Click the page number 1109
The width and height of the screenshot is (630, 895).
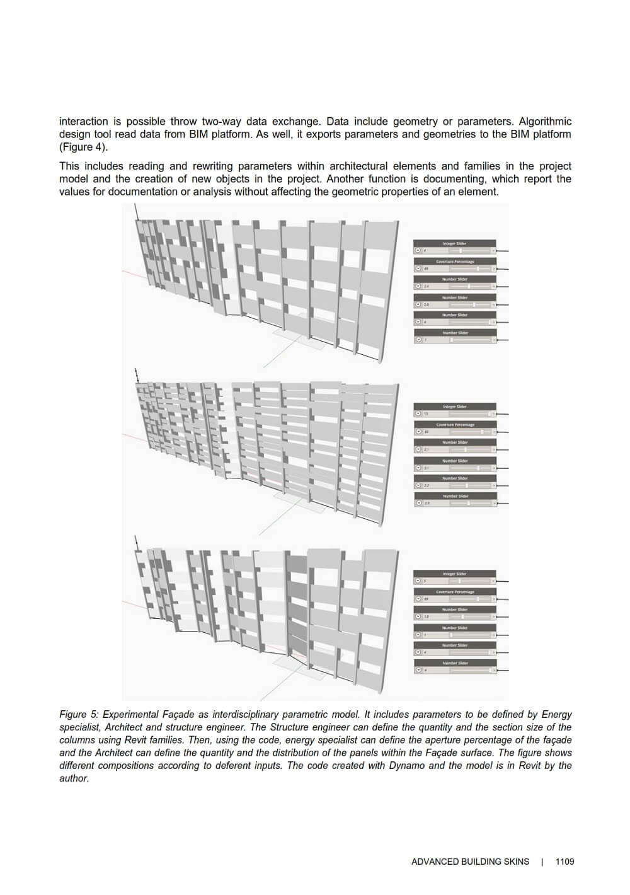click(564, 862)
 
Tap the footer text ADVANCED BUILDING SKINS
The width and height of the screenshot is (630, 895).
click(470, 862)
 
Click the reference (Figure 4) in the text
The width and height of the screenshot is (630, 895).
click(83, 147)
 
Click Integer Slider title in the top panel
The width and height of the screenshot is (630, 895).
click(454, 243)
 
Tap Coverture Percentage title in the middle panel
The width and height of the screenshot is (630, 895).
click(455, 425)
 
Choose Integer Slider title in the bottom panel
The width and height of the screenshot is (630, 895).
click(454, 574)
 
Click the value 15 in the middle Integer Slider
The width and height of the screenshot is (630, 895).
click(426, 413)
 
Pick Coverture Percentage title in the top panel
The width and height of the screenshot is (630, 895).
click(455, 262)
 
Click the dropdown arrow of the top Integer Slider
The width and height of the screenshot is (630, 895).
click(418, 250)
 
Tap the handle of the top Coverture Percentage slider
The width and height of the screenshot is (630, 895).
click(478, 268)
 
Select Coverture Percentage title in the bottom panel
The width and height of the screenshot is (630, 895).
click(455, 592)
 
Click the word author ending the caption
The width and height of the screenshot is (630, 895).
click(73, 778)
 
